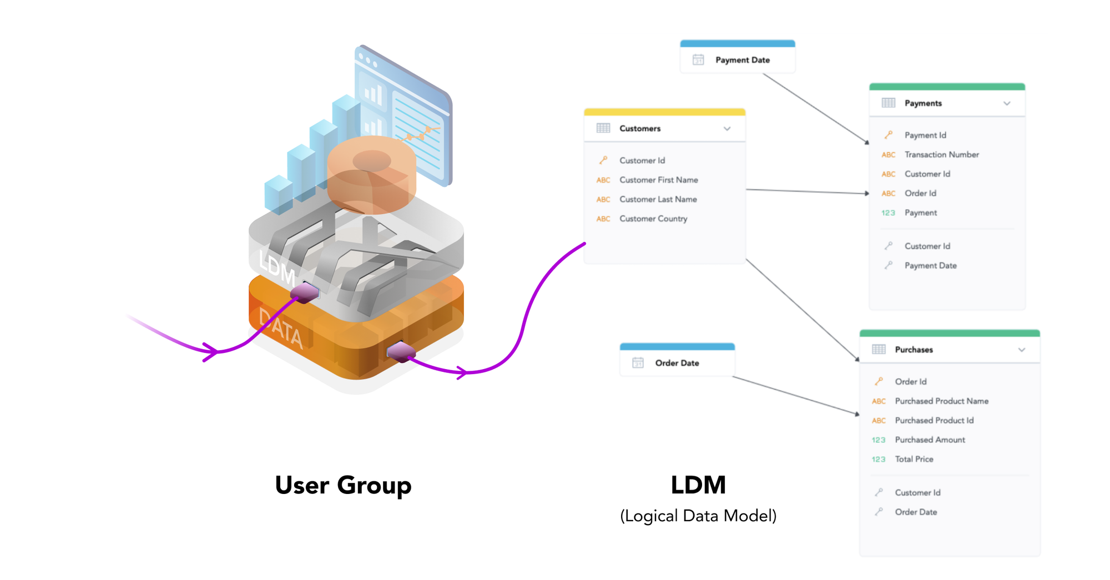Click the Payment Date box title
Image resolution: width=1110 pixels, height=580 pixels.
point(742,60)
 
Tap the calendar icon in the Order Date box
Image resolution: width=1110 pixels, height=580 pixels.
point(638,363)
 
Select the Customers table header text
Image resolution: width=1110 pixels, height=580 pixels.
point(639,129)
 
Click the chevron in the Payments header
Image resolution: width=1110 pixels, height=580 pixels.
point(1007,103)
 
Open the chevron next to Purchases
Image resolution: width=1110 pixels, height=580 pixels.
point(1021,350)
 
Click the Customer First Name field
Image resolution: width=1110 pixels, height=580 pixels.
point(658,180)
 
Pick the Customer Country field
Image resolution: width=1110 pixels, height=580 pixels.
point(653,219)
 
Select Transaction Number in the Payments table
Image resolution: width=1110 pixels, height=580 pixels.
point(941,155)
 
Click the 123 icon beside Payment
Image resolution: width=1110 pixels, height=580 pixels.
point(888,213)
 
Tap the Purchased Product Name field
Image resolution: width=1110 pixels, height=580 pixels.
point(941,401)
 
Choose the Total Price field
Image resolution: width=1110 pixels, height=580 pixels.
point(914,460)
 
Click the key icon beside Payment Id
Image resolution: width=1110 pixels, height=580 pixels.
point(888,135)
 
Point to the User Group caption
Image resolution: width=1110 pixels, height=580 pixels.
point(343,485)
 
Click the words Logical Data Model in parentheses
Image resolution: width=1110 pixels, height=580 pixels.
point(698,516)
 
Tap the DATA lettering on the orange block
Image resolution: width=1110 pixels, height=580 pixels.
point(281,329)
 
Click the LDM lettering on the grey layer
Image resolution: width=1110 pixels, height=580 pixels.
point(276,267)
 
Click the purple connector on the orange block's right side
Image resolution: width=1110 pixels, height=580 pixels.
point(401,351)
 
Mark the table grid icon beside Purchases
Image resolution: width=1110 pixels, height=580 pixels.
point(879,349)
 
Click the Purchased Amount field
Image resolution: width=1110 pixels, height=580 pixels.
point(930,440)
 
